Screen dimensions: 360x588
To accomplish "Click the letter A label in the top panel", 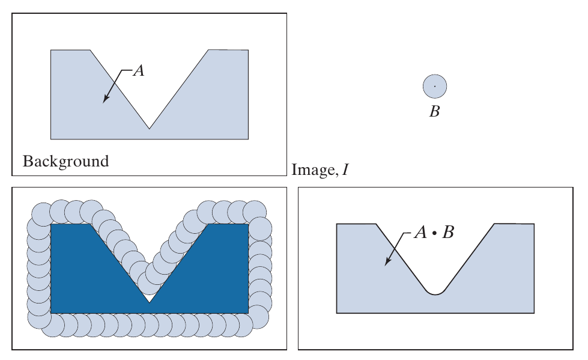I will pos(138,71).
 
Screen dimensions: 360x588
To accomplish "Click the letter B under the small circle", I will pos(434,111).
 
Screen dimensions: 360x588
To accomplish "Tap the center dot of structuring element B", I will pos(435,87).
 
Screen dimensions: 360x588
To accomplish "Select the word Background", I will pos(65,161).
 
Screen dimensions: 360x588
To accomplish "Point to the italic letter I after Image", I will pos(345,171).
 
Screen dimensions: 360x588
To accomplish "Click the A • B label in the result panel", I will pos(434,232).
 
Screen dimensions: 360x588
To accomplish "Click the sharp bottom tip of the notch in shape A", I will pos(150,128).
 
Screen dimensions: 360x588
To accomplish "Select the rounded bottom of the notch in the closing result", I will pos(435,293).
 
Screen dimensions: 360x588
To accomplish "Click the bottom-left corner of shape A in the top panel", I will pos(51,139).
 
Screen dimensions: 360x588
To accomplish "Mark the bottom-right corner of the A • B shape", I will pos(534,313).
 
